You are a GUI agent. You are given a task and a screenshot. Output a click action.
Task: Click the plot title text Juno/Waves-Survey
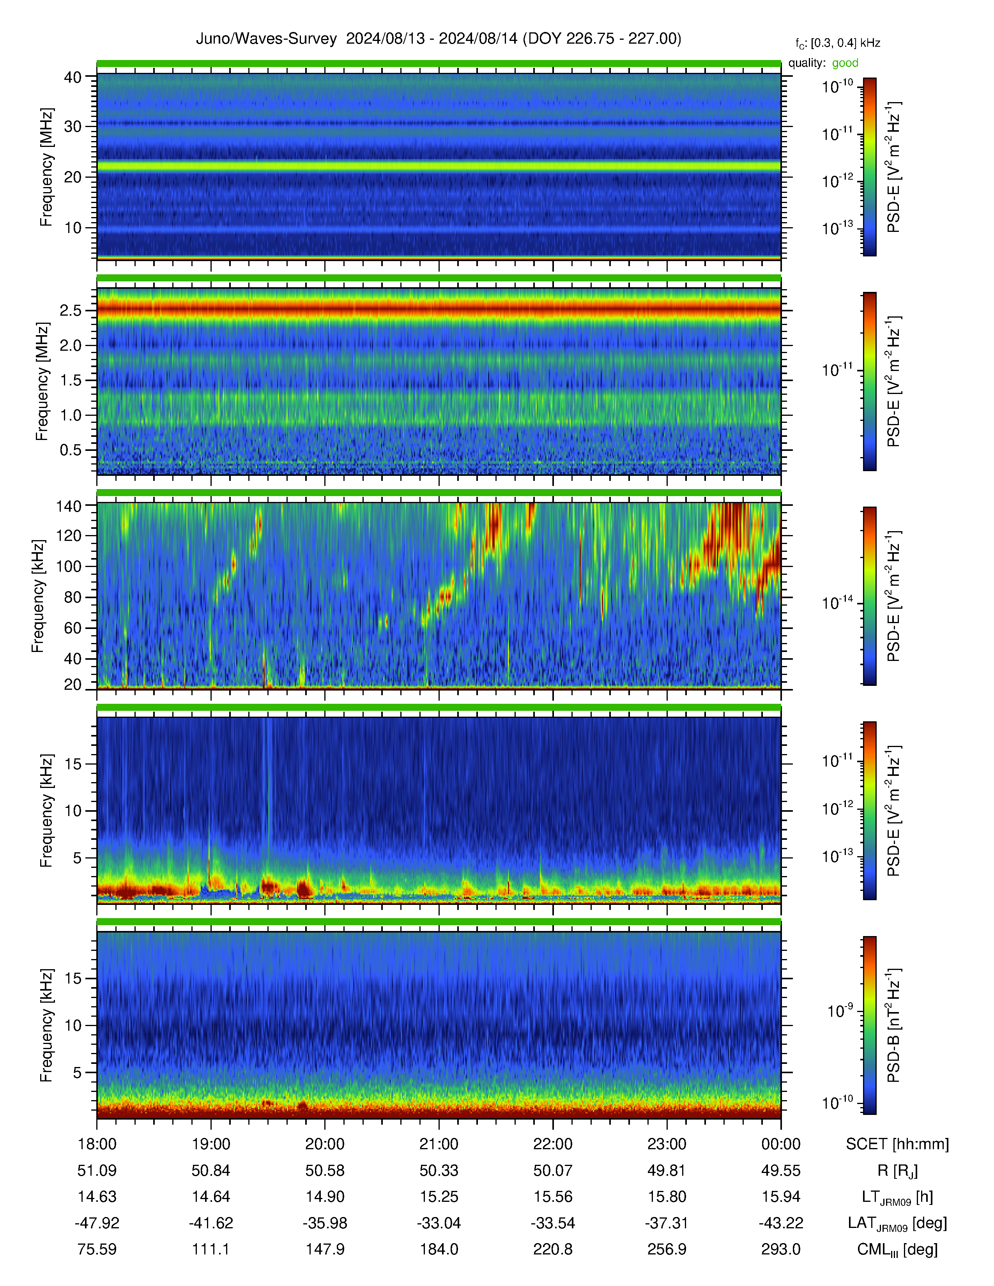pyautogui.click(x=266, y=39)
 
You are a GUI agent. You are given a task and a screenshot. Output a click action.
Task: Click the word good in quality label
pyautogui.click(x=845, y=63)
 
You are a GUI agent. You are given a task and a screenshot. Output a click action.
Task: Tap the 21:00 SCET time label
pyautogui.click(x=439, y=1144)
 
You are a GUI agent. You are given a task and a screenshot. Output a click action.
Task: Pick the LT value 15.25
pyautogui.click(x=439, y=1197)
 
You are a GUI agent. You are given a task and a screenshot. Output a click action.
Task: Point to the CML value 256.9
pyautogui.click(x=667, y=1249)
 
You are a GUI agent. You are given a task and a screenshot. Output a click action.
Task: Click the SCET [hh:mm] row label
pyautogui.click(x=897, y=1145)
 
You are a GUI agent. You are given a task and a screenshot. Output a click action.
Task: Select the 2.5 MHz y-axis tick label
pyautogui.click(x=70, y=310)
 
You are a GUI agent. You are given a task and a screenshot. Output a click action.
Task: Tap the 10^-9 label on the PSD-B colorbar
pyautogui.click(x=841, y=1011)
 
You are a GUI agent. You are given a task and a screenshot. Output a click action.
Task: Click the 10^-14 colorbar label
pyautogui.click(x=838, y=602)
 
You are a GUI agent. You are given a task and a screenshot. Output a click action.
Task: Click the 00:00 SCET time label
pyautogui.click(x=781, y=1144)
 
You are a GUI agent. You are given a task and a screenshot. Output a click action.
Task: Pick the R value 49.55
pyautogui.click(x=781, y=1171)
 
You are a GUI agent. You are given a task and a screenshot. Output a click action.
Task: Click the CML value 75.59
pyautogui.click(x=97, y=1249)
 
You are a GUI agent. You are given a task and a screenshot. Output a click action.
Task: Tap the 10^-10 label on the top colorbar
pyautogui.click(x=838, y=87)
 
